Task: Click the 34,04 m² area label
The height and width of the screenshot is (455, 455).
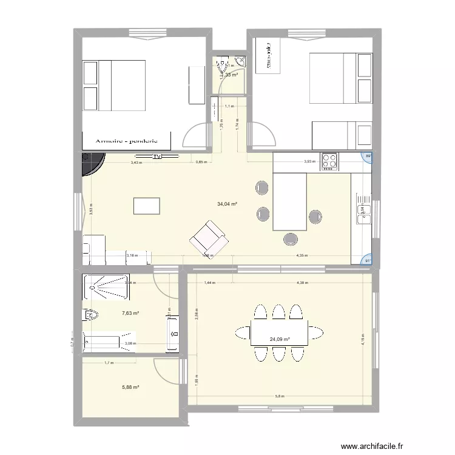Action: pyautogui.click(x=227, y=204)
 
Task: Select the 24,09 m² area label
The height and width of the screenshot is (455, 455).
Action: pyautogui.click(x=279, y=340)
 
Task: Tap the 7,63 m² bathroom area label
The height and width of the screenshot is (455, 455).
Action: pyautogui.click(x=130, y=313)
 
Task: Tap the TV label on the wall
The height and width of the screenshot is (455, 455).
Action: pyautogui.click(x=157, y=157)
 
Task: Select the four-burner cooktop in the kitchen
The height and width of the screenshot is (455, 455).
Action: pyautogui.click(x=330, y=160)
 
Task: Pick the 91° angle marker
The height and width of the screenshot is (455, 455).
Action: pyautogui.click(x=367, y=261)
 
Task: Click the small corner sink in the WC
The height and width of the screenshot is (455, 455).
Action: pyautogui.click(x=241, y=61)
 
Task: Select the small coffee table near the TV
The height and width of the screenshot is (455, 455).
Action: pyautogui.click(x=147, y=206)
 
